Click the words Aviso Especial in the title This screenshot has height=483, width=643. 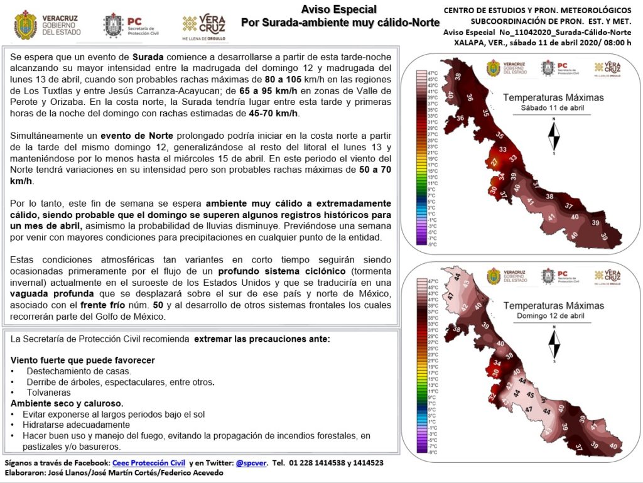tap(339, 9)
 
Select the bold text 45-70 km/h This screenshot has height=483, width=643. tap(274, 113)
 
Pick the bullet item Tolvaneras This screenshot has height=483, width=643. tap(48, 392)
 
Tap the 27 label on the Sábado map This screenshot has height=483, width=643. tap(494, 163)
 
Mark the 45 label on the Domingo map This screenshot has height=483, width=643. tap(531, 396)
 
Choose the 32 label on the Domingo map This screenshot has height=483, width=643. tap(492, 397)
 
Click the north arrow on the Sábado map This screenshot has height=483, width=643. tap(554, 136)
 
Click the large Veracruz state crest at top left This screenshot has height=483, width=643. tap(25, 25)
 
